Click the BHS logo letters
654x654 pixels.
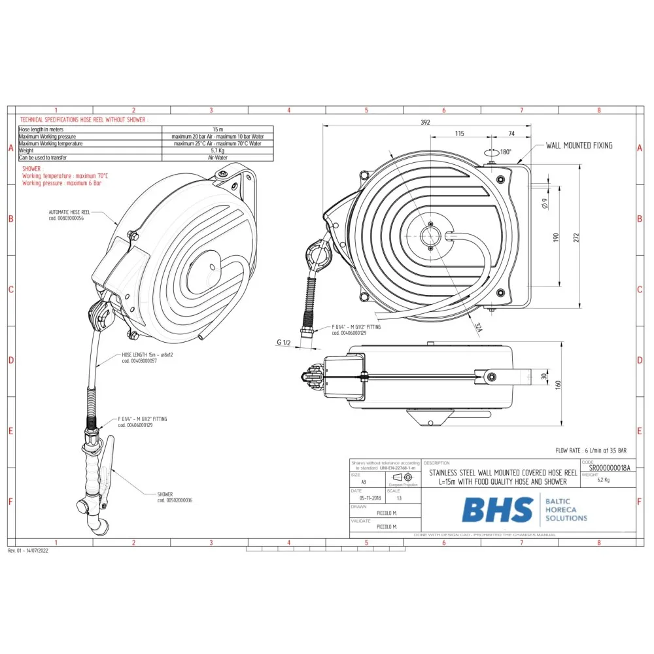(x=497, y=510)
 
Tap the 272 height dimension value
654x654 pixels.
(x=576, y=239)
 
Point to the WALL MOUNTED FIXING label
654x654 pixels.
(x=579, y=145)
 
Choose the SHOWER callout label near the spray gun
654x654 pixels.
(x=165, y=494)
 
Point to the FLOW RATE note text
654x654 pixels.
(x=591, y=451)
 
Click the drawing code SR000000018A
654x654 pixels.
(x=610, y=469)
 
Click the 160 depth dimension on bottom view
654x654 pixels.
(x=558, y=385)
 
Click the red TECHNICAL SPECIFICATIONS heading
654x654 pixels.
(x=84, y=120)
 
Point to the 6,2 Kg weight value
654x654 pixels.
(x=603, y=479)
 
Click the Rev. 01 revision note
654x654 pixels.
(x=28, y=551)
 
